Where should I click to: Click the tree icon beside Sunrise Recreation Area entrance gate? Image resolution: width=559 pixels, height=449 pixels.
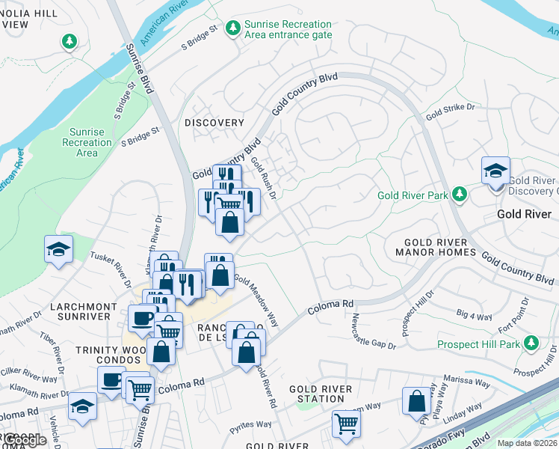click(x=233, y=28)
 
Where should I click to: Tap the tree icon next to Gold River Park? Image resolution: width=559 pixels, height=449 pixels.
click(x=460, y=195)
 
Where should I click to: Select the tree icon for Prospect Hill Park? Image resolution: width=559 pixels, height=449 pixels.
click(x=531, y=343)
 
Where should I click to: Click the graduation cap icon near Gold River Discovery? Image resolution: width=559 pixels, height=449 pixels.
click(x=495, y=171)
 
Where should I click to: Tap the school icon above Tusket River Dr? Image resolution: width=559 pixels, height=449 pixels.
click(x=58, y=250)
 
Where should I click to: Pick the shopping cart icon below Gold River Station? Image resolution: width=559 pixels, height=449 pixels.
click(x=347, y=424)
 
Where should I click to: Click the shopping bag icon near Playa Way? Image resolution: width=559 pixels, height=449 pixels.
click(x=416, y=401)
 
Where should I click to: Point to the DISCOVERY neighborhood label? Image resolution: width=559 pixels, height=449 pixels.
click(x=214, y=123)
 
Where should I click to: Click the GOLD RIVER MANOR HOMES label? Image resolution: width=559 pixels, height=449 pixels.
click(x=440, y=247)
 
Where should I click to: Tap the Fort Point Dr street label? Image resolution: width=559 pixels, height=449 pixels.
click(x=521, y=314)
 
